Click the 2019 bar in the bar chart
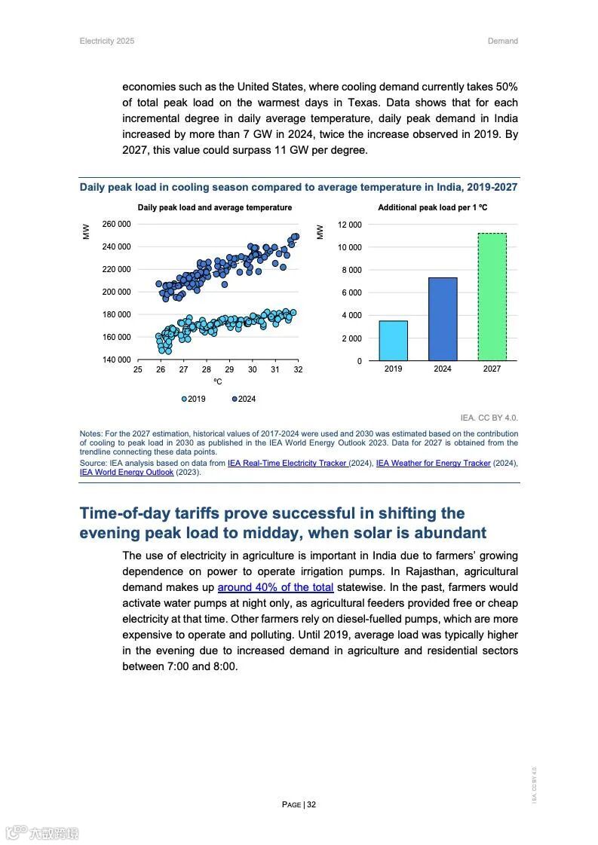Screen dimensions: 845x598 (393, 341)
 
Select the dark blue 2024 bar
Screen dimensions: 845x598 (443, 319)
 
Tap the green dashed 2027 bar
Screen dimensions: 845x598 (492, 296)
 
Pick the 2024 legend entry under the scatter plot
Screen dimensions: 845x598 (244, 399)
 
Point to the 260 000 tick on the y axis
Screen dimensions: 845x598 (116, 224)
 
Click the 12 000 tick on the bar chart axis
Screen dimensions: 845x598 (349, 225)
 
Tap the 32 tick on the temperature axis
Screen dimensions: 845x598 (298, 370)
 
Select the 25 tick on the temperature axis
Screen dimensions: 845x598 (138, 370)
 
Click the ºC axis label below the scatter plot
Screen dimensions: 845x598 (217, 382)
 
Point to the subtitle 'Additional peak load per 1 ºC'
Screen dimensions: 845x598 (432, 207)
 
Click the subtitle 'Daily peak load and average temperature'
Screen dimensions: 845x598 (214, 207)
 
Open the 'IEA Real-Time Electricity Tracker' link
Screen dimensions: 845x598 (287, 463)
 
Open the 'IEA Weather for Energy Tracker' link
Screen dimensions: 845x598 (433, 463)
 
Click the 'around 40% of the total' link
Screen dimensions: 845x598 (275, 587)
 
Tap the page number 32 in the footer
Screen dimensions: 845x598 (311, 804)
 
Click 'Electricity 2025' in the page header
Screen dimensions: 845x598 (107, 41)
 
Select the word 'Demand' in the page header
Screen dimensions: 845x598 (502, 41)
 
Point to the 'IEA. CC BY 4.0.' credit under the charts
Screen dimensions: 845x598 (489, 418)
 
